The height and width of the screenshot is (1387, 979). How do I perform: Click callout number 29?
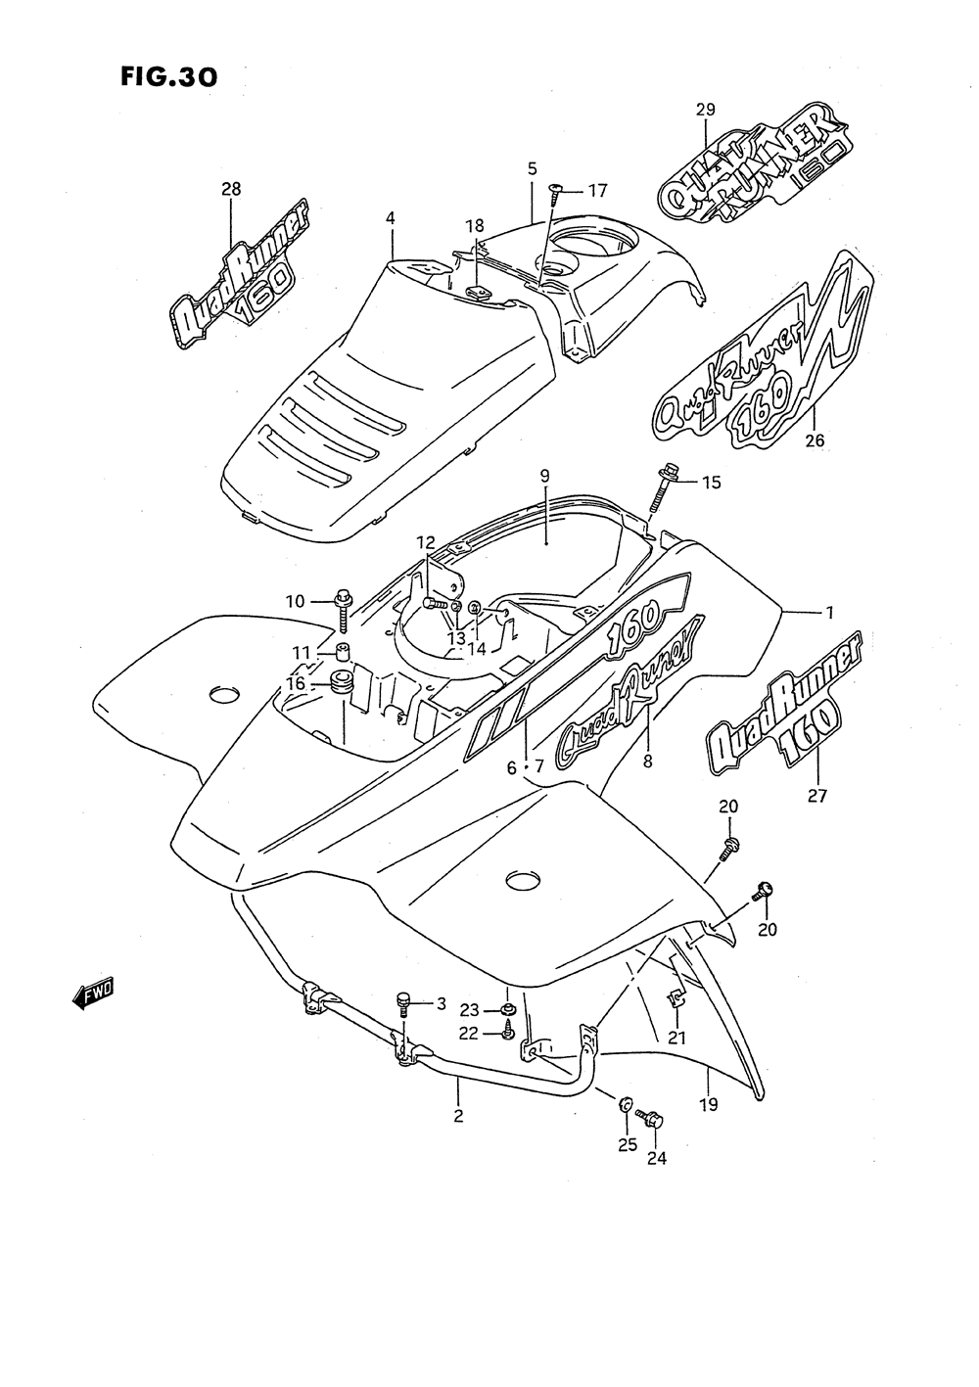point(706,110)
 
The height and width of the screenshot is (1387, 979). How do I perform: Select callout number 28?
point(231,189)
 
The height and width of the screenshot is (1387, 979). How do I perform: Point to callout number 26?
point(815,440)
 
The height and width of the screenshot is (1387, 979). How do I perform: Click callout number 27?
point(816,796)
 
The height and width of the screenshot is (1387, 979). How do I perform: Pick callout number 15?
point(711,483)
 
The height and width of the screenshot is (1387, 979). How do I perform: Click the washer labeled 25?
point(624,1104)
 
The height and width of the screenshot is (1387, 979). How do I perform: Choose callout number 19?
point(709,1105)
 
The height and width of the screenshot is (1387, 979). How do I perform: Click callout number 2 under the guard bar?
point(458,1115)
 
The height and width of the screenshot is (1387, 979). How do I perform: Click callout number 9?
point(544,475)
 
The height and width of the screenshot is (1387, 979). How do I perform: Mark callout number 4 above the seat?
point(391,217)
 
